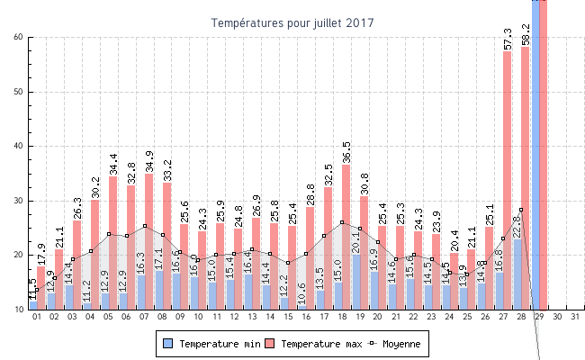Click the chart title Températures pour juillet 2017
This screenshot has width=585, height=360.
pyautogui.click(x=292, y=22)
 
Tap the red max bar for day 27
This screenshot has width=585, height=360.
pyautogui.click(x=508, y=180)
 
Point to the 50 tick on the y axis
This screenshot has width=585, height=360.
pyautogui.click(x=19, y=92)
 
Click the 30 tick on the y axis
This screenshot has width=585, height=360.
pyautogui.click(x=19, y=201)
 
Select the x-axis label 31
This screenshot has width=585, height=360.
pyautogui.click(x=576, y=318)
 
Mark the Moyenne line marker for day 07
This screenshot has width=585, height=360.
pyautogui.click(x=145, y=226)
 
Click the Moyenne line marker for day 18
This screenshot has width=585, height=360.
pyautogui.click(x=342, y=222)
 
